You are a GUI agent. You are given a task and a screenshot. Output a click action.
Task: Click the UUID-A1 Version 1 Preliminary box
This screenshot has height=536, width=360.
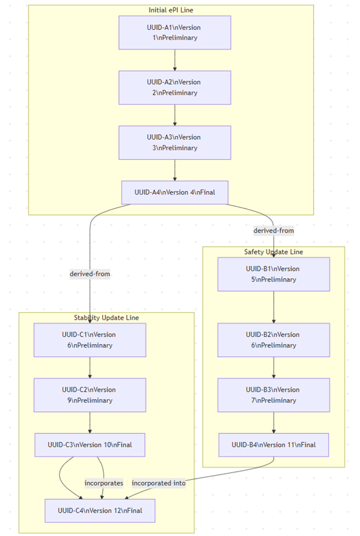pos(174,33)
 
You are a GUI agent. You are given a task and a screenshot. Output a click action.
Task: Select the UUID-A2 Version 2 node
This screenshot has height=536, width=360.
pos(174,87)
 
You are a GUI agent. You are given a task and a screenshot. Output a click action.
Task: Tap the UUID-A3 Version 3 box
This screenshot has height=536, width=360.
pos(174,142)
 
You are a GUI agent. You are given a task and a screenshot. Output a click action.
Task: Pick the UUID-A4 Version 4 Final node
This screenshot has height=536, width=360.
pos(174,192)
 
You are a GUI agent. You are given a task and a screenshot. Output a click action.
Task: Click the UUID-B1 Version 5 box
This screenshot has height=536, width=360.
pos(274,274)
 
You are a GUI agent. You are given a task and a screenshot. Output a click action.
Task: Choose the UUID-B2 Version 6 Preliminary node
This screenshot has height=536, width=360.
pos(274,340)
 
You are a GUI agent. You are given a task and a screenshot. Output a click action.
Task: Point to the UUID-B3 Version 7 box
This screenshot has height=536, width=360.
pos(274,395)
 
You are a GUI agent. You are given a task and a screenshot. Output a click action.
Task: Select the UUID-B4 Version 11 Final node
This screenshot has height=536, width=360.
pos(274,445)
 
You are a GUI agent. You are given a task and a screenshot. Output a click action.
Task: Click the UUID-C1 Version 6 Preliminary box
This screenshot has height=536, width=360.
pos(90,340)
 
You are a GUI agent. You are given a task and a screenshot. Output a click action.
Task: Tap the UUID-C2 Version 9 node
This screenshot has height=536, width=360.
pos(90,395)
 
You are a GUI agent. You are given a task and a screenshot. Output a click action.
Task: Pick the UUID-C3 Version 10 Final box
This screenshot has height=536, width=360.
pos(90,445)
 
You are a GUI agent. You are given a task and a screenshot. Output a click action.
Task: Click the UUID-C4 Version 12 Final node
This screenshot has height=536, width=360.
pos(100,511)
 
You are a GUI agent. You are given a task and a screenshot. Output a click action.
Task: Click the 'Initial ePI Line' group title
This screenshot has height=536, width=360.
pos(171,10)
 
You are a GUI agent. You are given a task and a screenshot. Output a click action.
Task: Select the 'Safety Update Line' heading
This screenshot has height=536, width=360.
pos(274,252)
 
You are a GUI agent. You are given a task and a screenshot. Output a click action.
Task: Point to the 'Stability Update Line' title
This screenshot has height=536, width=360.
pos(106,318)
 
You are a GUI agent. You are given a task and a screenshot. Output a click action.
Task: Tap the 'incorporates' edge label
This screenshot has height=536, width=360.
pos(104,483)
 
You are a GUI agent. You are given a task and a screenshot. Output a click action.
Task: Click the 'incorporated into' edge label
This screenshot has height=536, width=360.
pos(159,483)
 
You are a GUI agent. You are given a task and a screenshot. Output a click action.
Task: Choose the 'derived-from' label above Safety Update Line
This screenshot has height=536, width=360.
pos(274,230)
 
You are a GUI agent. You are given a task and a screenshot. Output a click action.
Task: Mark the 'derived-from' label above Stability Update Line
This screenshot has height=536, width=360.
pos(90,274)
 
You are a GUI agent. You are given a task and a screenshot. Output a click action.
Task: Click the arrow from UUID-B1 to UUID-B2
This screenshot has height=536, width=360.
pos(274,307)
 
